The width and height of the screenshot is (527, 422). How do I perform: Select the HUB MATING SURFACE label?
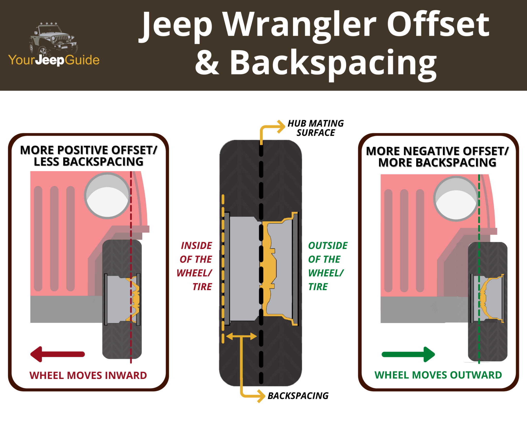(315, 128)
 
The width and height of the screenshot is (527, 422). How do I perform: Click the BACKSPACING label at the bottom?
(298, 396)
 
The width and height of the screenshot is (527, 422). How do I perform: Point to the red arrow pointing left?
(57, 354)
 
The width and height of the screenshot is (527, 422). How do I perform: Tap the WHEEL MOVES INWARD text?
(88, 375)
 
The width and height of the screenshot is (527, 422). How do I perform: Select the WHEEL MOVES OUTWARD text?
(438, 375)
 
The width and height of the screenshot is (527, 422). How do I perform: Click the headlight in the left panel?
(107, 196)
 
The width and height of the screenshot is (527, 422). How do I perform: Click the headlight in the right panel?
(456, 199)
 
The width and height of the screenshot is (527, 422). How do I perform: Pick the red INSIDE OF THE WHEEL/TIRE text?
(196, 266)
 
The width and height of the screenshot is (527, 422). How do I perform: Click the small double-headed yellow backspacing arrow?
(241, 336)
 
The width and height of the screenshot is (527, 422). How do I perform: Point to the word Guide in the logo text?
(82, 60)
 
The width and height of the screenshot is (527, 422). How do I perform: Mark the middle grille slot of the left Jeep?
(54, 238)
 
